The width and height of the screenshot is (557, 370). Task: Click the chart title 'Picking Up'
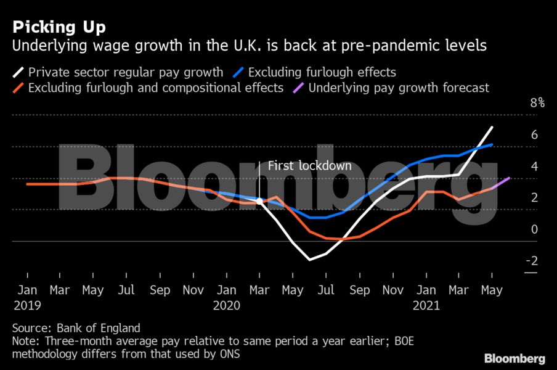(x=59, y=27)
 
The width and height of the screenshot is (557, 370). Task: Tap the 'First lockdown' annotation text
(x=309, y=166)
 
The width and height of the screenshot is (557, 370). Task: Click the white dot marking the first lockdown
(x=259, y=200)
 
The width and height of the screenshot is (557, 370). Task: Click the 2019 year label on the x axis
(x=26, y=304)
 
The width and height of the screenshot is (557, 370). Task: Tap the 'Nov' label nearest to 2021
(x=392, y=290)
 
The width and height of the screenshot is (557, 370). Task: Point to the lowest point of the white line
(x=310, y=260)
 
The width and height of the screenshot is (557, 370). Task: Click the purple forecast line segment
(x=501, y=183)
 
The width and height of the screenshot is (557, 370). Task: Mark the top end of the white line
(x=509, y=127)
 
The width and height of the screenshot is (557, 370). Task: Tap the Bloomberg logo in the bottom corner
(x=514, y=358)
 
